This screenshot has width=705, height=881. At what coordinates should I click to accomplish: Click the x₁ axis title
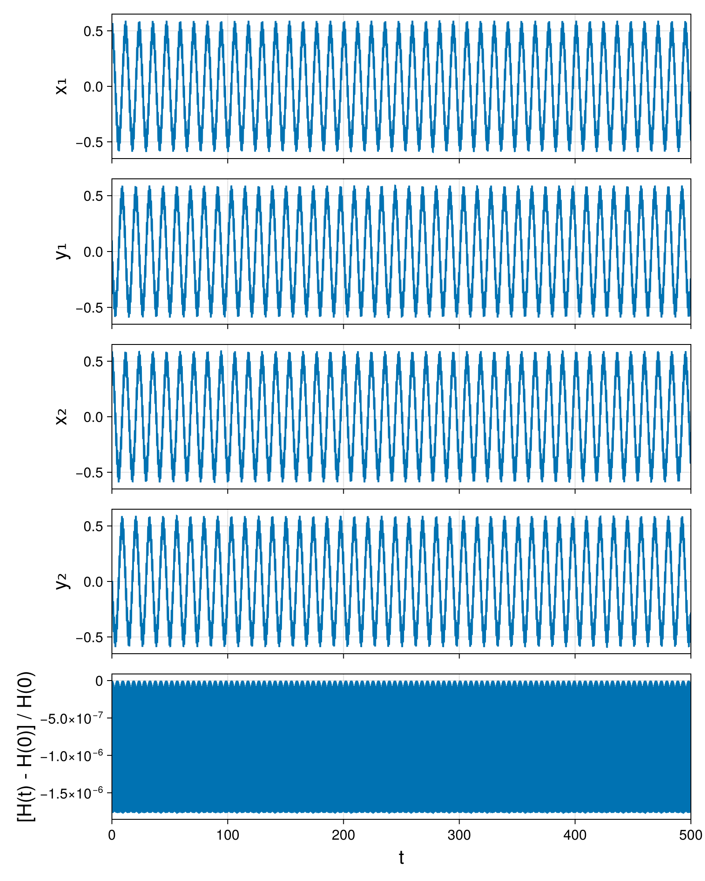[x=62, y=86]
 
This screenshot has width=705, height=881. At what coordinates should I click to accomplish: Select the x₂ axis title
[x=62, y=417]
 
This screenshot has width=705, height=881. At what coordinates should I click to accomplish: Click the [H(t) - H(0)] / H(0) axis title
[x=26, y=747]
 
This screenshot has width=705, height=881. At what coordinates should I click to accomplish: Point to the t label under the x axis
[x=401, y=858]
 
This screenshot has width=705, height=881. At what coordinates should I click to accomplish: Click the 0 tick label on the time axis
[x=112, y=835]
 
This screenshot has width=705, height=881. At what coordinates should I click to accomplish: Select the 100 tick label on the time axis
[x=228, y=835]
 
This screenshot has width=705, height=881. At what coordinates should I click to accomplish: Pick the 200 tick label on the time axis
[x=343, y=835]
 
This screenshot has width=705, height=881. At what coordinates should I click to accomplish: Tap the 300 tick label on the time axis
[x=459, y=835]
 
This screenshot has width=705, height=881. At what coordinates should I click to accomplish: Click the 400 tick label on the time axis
[x=575, y=835]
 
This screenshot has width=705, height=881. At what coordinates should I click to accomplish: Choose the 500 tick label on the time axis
[x=690, y=835]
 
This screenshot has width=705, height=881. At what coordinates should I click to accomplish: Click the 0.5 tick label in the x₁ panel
[x=93, y=31]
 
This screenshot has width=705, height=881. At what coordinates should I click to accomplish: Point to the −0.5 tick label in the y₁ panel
[x=89, y=307]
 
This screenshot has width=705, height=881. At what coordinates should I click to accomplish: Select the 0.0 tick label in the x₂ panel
[x=93, y=417]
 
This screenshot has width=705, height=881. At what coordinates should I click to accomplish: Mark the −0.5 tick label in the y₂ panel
[x=89, y=637]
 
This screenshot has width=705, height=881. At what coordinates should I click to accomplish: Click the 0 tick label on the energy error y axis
[x=100, y=681]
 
